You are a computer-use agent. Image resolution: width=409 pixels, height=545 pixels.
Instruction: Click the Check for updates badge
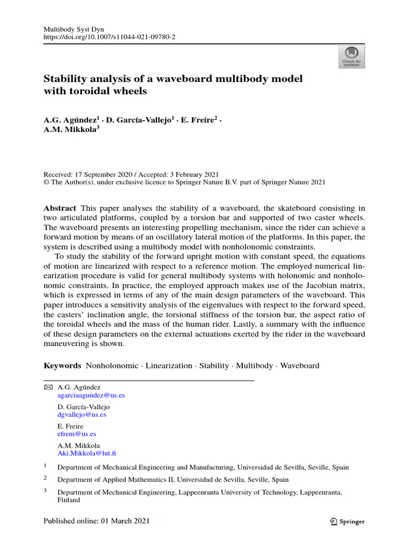pyautogui.click(x=351, y=57)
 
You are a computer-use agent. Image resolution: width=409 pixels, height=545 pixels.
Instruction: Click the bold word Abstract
pyautogui.click(x=60, y=208)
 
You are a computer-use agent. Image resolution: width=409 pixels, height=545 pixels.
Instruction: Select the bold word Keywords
pyautogui.click(x=62, y=366)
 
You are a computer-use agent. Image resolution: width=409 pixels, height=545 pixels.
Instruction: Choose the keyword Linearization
pyautogui.click(x=169, y=366)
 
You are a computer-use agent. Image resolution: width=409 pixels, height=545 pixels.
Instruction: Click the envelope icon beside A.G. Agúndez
pyautogui.click(x=48, y=387)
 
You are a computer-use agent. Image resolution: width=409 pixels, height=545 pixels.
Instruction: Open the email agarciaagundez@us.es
pyautogui.click(x=91, y=395)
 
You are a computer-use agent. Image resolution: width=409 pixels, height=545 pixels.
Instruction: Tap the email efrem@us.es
pyautogui.click(x=77, y=434)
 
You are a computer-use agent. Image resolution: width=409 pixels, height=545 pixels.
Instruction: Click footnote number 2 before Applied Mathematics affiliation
pyautogui.click(x=45, y=478)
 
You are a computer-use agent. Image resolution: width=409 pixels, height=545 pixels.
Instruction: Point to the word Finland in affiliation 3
pyautogui.click(x=69, y=500)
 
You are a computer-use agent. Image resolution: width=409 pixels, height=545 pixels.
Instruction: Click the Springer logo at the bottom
pyautogui.click(x=347, y=522)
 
